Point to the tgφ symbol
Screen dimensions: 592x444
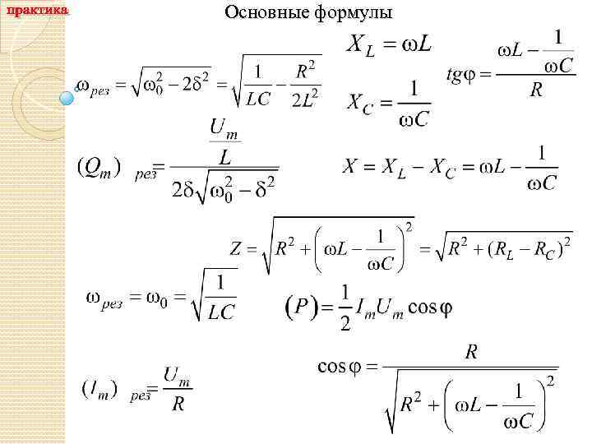tap(460, 75)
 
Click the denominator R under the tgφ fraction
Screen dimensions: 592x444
tap(535, 90)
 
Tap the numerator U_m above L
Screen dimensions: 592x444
tap(224, 129)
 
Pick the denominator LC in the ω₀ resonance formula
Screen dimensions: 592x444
tap(220, 312)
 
